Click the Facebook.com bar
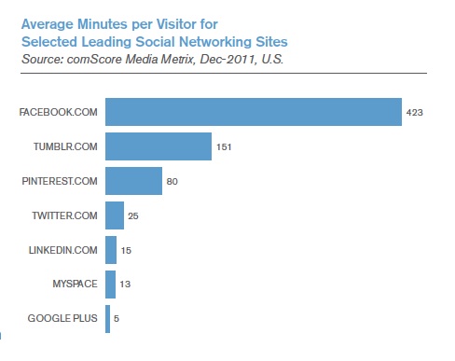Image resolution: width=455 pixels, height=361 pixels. click(253, 112)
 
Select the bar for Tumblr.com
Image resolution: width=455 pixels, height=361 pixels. click(159, 146)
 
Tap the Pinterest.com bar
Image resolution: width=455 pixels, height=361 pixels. click(133, 181)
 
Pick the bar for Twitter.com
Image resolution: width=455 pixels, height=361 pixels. click(115, 215)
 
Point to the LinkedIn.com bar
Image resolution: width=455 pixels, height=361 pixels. click(111, 250)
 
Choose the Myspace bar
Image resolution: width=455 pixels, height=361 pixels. click(110, 285)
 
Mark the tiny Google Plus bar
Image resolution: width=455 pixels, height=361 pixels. click(108, 319)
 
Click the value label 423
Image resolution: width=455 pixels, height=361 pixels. click(415, 112)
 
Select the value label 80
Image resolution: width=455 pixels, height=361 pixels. click(173, 181)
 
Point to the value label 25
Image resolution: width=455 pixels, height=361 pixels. click(134, 215)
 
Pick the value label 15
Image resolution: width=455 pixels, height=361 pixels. click(127, 250)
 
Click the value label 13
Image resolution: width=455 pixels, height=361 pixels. click(126, 285)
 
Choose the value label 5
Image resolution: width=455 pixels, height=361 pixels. click(117, 319)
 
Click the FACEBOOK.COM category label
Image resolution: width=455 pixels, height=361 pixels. click(58, 112)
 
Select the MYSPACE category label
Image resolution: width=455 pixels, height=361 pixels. click(76, 285)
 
